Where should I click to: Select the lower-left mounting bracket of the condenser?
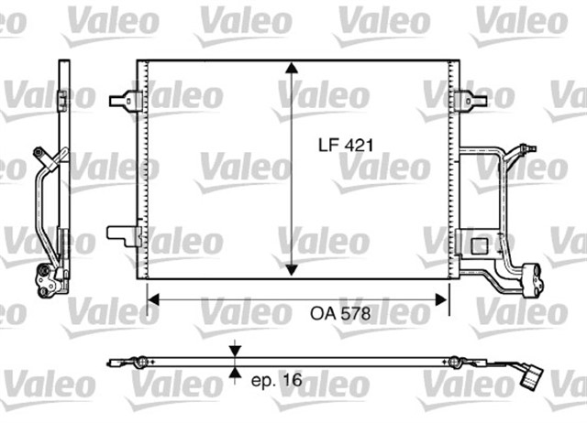pos(124,235)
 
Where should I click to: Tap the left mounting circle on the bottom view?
pos(140,363)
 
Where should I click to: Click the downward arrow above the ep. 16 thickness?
pos(238,351)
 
